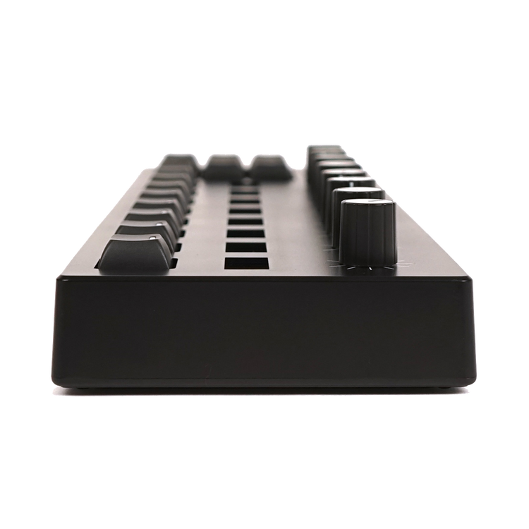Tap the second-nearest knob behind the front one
click(x=356, y=194)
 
